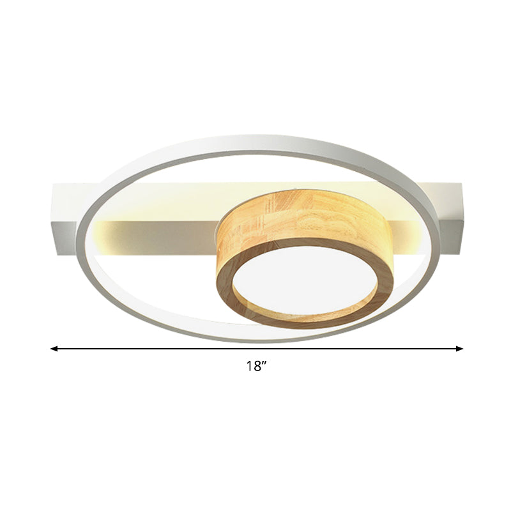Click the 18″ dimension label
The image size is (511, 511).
tap(256, 367)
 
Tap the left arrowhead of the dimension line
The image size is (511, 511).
tap(54, 349)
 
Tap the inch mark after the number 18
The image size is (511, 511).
tap(263, 363)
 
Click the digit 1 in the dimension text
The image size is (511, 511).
tap(248, 367)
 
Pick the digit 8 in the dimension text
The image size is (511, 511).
tap(256, 367)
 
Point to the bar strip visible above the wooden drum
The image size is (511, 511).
tap(287, 192)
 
